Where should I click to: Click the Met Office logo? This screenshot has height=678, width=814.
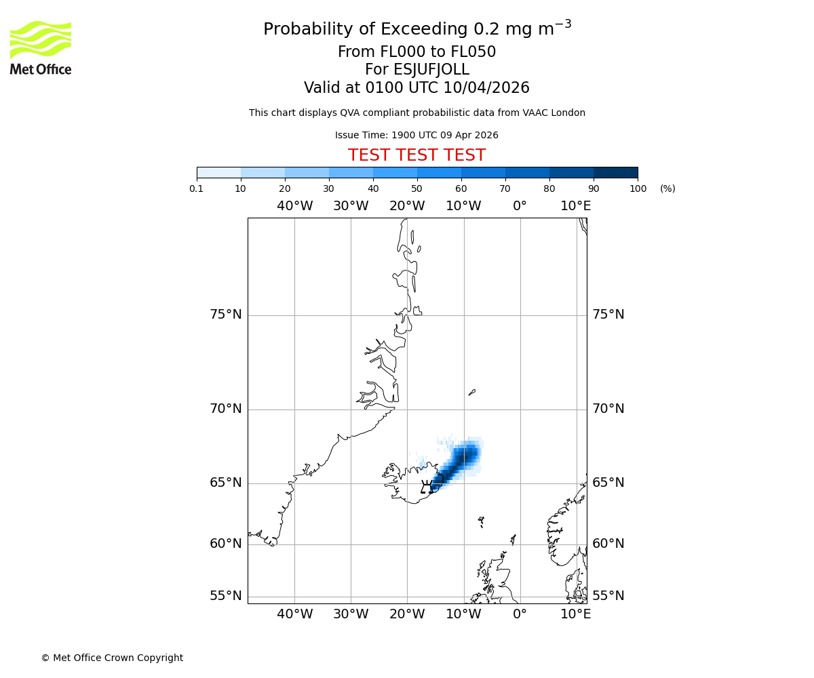[x=41, y=47]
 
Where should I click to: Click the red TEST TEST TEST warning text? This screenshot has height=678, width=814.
[x=416, y=155]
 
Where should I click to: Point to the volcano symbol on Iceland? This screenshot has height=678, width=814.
[x=427, y=487]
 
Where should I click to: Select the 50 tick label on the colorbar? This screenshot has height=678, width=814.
[x=416, y=188]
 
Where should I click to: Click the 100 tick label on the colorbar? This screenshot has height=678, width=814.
[x=638, y=188]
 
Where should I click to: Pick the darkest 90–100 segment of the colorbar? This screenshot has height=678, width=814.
[x=615, y=172]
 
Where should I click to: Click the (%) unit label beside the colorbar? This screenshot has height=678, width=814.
[x=667, y=188]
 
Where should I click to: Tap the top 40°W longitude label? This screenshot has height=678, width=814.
[x=294, y=206]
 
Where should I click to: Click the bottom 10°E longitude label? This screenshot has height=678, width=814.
[x=576, y=614]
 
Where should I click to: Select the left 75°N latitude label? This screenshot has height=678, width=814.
[x=226, y=315]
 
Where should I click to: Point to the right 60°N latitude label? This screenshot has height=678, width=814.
[x=608, y=544]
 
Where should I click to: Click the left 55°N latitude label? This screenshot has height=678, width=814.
[x=226, y=596]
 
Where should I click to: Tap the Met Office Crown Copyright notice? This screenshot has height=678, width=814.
[x=112, y=658]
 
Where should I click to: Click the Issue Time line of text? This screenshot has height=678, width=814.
[x=416, y=135]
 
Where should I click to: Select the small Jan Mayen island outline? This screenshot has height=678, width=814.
[x=472, y=392]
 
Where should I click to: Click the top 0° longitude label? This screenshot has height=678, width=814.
[x=520, y=206]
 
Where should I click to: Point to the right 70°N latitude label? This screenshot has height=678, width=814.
[x=608, y=409]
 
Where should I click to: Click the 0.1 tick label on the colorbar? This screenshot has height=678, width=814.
[x=197, y=188]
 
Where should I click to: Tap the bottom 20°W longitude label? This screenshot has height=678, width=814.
[x=407, y=614]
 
